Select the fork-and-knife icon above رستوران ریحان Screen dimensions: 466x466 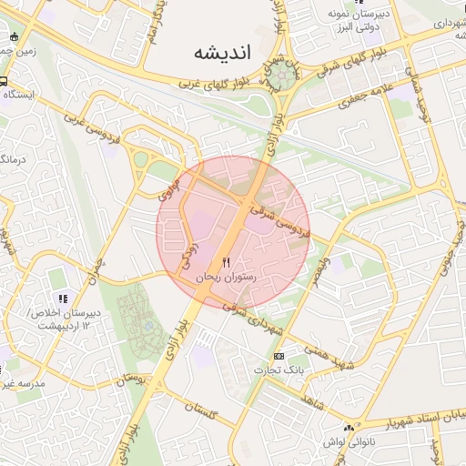tap(226, 262)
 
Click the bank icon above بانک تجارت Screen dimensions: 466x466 tap(279, 356)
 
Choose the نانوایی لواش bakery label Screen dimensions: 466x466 tap(347, 441)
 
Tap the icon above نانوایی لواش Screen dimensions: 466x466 tap(348, 427)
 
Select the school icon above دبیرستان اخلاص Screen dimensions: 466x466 tap(62, 298)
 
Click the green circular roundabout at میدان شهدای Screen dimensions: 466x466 tap(280, 76)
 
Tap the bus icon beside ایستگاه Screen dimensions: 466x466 tap(5, 80)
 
